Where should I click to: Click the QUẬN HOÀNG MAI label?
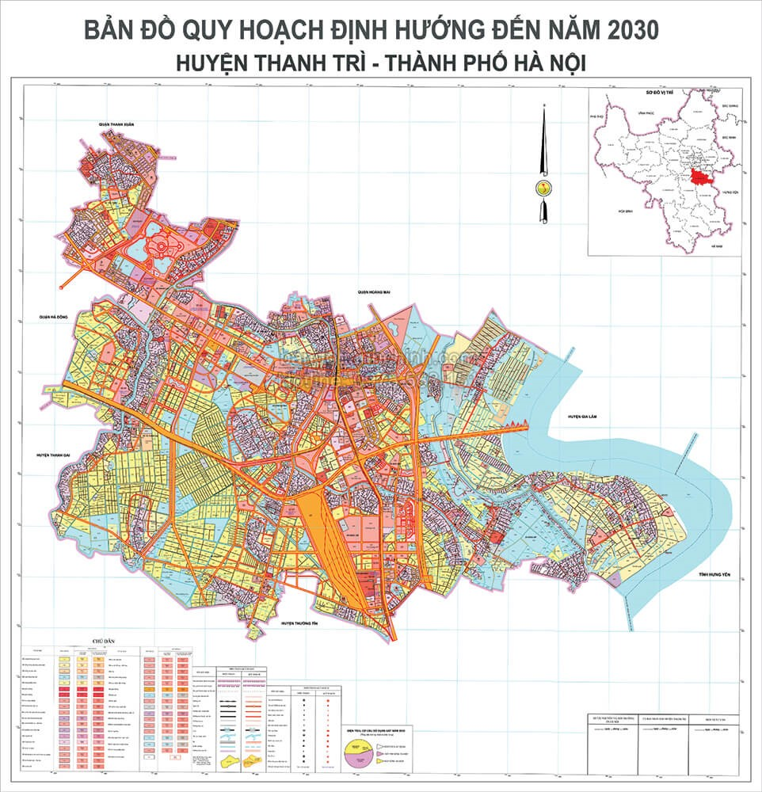click(375, 292)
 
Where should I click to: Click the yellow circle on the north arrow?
click(543, 188)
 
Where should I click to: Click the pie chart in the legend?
click(360, 752)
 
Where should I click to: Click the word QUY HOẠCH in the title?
click(248, 29)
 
